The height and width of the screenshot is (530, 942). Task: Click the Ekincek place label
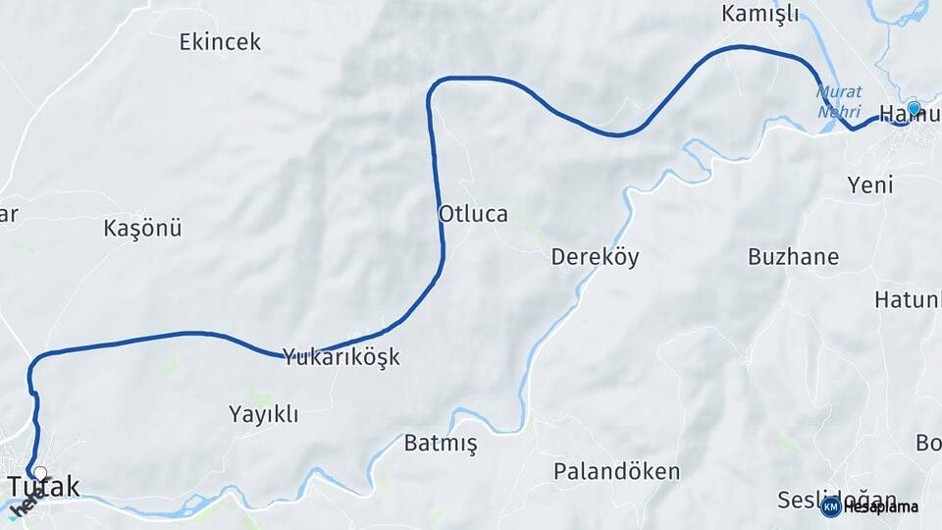(220, 42)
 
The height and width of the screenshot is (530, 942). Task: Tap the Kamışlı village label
(759, 14)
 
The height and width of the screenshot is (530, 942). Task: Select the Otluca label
(473, 214)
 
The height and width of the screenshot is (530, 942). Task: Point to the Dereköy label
(595, 257)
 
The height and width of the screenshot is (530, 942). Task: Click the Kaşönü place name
(142, 229)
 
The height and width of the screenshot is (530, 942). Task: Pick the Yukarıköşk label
(341, 356)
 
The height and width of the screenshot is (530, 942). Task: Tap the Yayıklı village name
(262, 414)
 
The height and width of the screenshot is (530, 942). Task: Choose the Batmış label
(441, 444)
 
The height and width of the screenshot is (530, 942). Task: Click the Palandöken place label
(616, 471)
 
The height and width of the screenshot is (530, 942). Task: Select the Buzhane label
(793, 257)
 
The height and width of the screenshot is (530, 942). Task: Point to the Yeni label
(869, 185)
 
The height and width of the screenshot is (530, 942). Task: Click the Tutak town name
(44, 486)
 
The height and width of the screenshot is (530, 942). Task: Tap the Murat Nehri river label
(839, 101)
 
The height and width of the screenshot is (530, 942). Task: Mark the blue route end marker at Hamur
(914, 108)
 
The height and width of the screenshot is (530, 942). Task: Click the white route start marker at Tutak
(39, 472)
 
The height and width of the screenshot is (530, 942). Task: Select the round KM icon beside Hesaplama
(830, 506)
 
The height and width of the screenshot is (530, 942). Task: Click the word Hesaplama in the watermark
(880, 507)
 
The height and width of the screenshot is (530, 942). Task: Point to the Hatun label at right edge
(908, 299)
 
